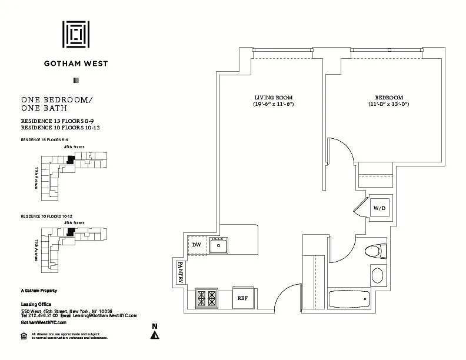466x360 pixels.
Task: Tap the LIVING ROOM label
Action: (273, 97)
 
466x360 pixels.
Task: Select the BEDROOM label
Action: (389, 97)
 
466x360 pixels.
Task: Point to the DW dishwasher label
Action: (197, 245)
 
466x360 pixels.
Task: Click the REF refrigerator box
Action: (242, 298)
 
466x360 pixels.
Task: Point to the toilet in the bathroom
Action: (374, 252)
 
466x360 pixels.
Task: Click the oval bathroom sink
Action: (377, 275)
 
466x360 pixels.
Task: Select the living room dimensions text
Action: (273, 105)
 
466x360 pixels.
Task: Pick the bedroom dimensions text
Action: (389, 105)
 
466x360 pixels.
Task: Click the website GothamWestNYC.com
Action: (44, 322)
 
